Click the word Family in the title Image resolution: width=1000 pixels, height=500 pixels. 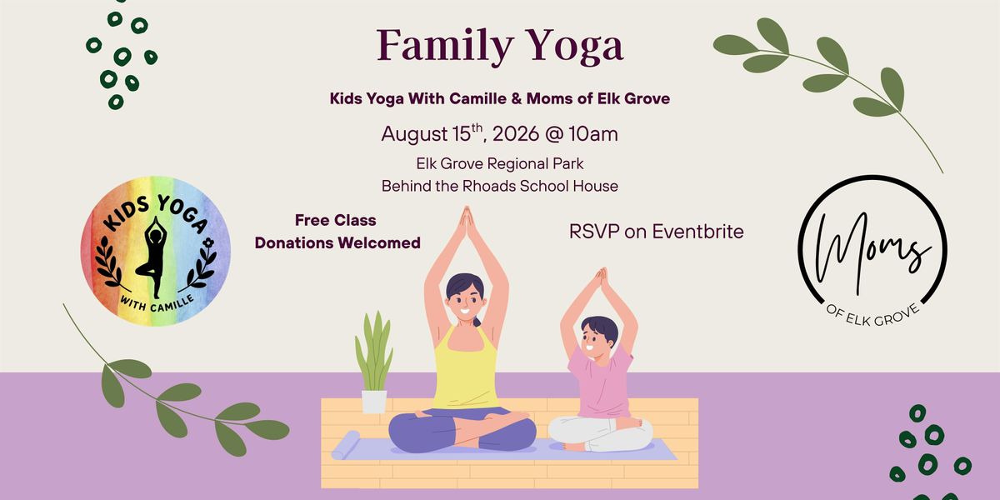click(x=445, y=47)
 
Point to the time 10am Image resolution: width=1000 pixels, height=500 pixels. click(x=592, y=134)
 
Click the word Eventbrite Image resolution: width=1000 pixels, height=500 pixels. click(x=697, y=232)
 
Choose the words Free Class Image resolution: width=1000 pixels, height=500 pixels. click(x=335, y=220)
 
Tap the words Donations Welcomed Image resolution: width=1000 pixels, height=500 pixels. click(x=337, y=242)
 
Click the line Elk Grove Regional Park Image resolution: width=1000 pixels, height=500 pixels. click(x=499, y=164)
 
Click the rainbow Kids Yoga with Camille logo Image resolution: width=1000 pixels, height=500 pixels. click(x=155, y=251)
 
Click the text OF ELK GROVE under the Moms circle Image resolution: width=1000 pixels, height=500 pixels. click(x=872, y=316)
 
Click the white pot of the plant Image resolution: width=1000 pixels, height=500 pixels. click(x=374, y=402)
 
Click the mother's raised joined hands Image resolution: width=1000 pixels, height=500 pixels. click(x=467, y=223)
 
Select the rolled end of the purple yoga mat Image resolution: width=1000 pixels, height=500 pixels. click(x=346, y=445)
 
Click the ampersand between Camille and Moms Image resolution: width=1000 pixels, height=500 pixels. click(x=517, y=98)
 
